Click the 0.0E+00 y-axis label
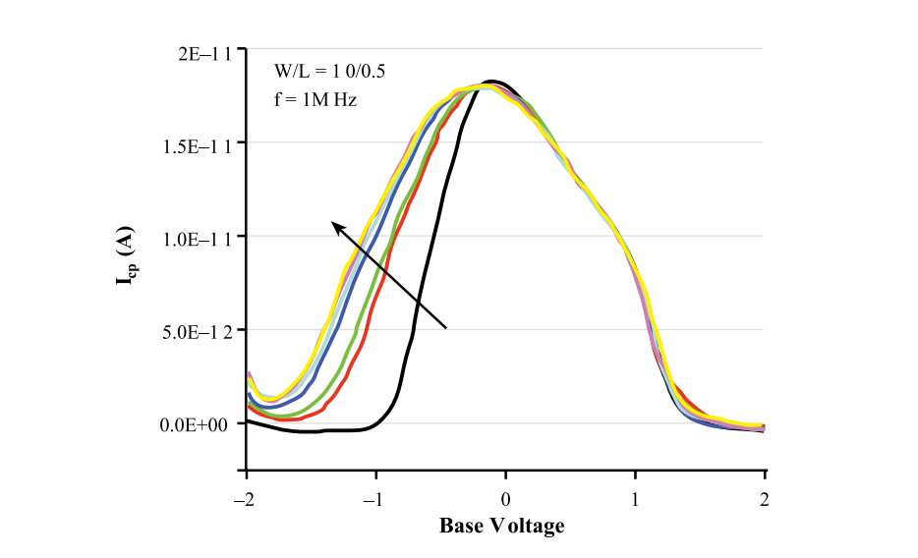(x=197, y=424)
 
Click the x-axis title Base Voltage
(x=501, y=526)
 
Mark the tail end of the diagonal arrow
(x=447, y=327)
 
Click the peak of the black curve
(x=491, y=82)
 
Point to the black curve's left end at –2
(x=247, y=420)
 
